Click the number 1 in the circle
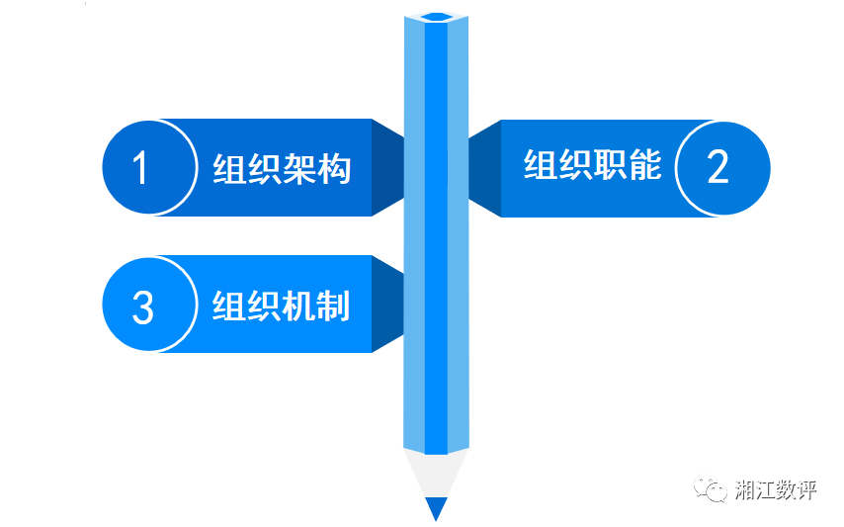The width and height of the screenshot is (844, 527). click(x=141, y=167)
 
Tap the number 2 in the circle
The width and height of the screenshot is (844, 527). click(x=718, y=167)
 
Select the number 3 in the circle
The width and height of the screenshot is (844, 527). click(x=142, y=307)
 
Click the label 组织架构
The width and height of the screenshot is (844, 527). click(x=282, y=169)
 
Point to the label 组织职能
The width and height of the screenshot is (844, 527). click(x=592, y=165)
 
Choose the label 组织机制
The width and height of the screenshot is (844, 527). click(x=281, y=306)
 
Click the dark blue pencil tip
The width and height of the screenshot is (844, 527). click(x=436, y=508)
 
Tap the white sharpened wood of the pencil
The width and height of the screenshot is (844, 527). click(x=436, y=474)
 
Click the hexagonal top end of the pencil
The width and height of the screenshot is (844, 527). click(x=437, y=17)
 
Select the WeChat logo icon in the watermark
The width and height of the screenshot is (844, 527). click(x=710, y=488)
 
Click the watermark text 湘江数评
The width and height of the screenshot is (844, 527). click(x=776, y=489)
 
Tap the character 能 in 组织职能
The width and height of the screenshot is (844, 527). click(x=644, y=165)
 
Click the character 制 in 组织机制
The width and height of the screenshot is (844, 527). click(x=333, y=306)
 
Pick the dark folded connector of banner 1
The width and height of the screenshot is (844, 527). click(x=388, y=167)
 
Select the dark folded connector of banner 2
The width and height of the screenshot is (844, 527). click(x=484, y=168)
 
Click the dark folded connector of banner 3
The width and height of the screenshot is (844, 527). click(x=388, y=305)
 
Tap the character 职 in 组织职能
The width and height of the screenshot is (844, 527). click(x=610, y=165)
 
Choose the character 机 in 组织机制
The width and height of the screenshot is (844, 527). click(x=298, y=306)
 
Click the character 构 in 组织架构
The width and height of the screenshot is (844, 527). click(x=334, y=169)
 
